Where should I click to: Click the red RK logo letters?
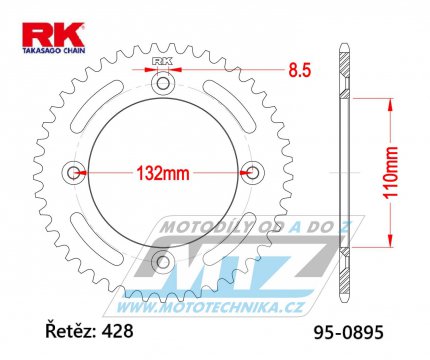coord(53,35)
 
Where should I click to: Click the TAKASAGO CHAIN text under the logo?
coord(54,51)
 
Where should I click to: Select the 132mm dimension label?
coord(163,173)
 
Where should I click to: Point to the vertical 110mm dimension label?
coord(390,173)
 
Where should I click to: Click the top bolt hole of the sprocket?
coord(163,83)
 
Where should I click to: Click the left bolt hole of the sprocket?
coord(73,173)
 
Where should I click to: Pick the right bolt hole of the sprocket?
coord(252,173)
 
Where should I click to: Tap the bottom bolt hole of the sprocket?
coord(163,261)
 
